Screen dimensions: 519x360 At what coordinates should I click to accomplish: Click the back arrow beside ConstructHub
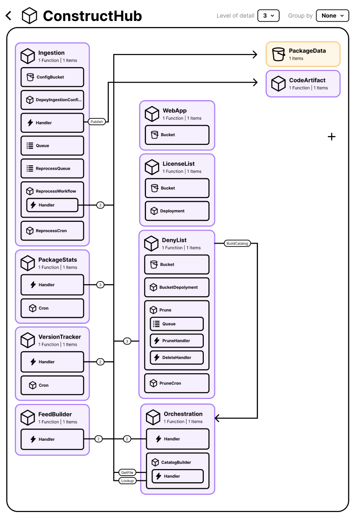point(8,16)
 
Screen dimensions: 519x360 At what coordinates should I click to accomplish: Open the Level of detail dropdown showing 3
point(269,15)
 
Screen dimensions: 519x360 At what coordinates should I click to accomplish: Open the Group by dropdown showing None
point(332,15)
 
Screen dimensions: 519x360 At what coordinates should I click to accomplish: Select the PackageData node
point(303,54)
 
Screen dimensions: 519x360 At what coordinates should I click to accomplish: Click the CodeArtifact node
point(303,83)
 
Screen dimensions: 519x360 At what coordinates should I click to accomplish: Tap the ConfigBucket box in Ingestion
point(52,77)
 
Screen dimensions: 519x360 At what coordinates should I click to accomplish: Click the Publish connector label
point(97,122)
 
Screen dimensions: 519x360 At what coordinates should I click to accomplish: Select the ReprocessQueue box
point(52,168)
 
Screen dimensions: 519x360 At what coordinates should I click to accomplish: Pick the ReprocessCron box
point(52,231)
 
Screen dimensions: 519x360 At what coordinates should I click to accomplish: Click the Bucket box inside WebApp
point(177,135)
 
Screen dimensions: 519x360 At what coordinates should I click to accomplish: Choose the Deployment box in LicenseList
point(177,211)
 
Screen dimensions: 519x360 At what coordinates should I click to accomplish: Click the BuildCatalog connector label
point(237,243)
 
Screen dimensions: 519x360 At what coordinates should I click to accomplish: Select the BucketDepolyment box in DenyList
point(177,287)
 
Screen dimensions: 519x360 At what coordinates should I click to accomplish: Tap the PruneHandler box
point(177,341)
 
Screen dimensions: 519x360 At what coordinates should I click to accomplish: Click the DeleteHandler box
point(177,357)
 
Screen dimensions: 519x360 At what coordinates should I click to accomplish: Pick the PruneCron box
point(177,383)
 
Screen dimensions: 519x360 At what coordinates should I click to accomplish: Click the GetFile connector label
point(127,472)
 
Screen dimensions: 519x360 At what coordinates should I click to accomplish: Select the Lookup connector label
point(127,480)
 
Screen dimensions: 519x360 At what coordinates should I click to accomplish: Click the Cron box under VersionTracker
point(52,385)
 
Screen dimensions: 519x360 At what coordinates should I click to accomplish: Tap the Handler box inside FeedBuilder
point(52,439)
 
